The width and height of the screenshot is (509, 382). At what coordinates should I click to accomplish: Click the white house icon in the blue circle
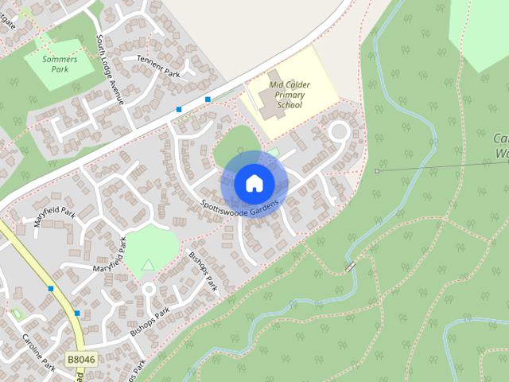tap(254, 183)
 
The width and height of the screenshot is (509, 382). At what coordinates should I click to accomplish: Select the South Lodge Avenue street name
tap(110, 69)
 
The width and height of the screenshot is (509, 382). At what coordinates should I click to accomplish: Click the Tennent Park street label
tap(159, 67)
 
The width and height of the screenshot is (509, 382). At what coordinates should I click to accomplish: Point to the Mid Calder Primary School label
tap(289, 94)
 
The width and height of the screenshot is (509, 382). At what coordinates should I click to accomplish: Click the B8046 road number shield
tap(80, 361)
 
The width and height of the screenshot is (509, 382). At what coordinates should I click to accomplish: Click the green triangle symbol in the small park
tap(148, 264)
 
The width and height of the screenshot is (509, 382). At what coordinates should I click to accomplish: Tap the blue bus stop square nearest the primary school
tap(208, 99)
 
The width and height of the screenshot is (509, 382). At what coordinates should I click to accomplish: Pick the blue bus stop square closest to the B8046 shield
tap(77, 313)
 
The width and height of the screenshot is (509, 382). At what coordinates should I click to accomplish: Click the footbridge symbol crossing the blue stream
tap(350, 267)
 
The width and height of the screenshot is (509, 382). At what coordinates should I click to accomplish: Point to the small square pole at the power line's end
tap(377, 170)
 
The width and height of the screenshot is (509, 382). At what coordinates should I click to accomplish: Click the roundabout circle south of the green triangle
tap(149, 289)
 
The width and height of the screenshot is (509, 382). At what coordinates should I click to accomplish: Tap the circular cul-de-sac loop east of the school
tap(340, 131)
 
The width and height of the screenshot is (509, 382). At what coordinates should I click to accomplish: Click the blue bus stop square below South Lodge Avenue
tap(179, 109)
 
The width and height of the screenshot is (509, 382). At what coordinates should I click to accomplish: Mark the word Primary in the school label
tap(289, 95)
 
